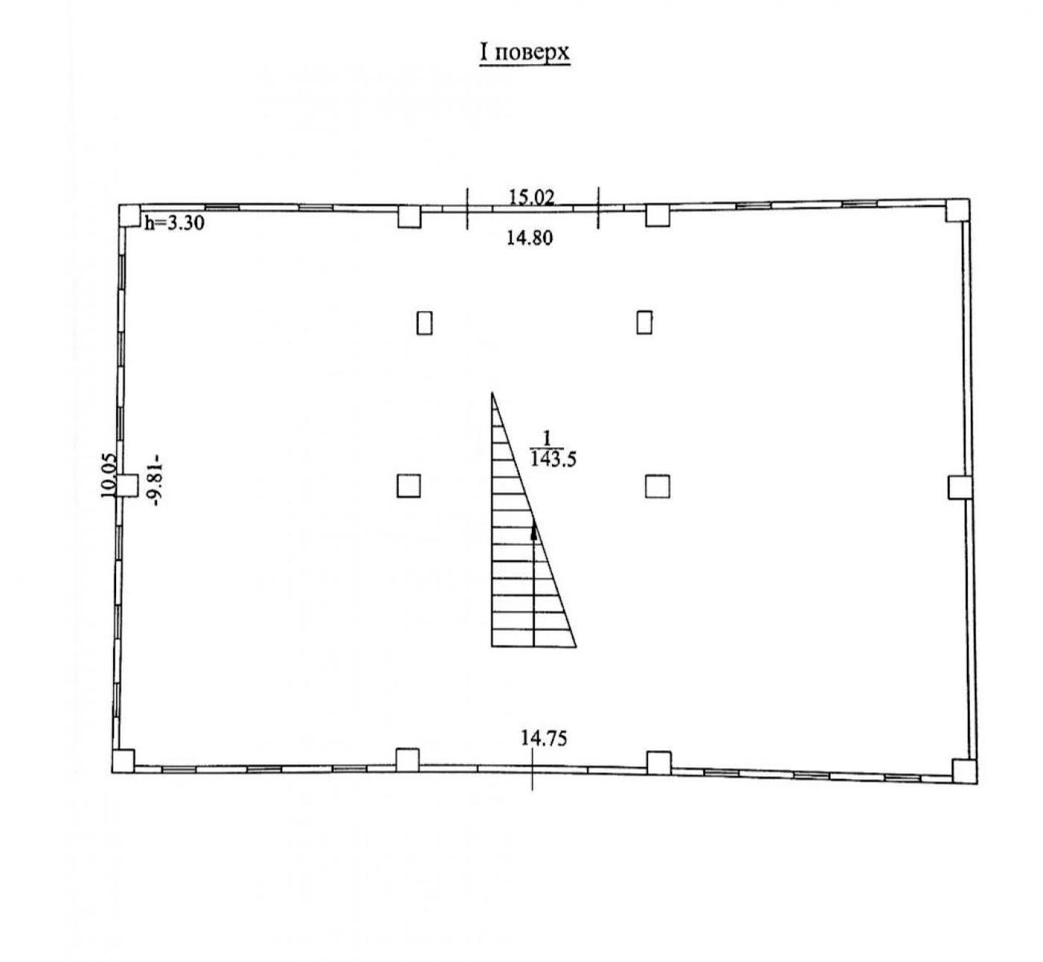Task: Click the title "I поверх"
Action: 524,54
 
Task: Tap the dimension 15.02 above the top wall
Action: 531,196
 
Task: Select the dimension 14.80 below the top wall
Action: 530,238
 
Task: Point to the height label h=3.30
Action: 174,223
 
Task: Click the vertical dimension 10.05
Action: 109,475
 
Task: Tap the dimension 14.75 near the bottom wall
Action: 544,738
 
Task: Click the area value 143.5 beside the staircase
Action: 554,459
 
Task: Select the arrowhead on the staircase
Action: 534,532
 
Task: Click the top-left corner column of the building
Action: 130,216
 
